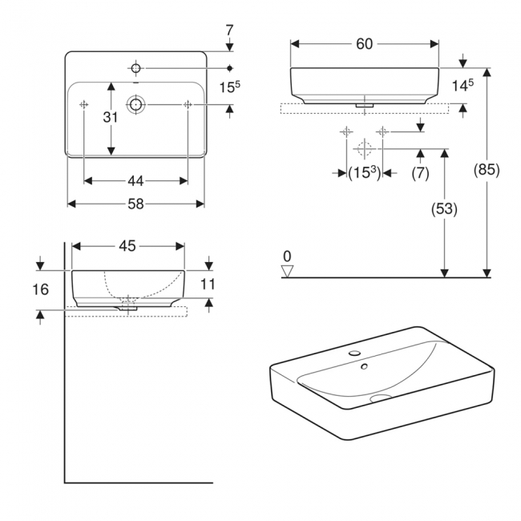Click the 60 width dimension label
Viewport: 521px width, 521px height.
364,44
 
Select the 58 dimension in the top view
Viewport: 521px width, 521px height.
135,204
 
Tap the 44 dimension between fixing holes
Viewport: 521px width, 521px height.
135,180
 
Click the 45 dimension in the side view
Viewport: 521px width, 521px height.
127,246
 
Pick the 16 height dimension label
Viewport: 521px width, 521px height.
42,289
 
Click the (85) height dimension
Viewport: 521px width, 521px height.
487,170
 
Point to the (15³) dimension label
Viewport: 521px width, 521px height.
364,172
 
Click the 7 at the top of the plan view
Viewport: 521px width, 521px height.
230,31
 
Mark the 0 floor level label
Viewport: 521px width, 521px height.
287,256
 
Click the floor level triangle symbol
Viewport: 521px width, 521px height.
288,271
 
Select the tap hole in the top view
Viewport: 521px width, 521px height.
135,67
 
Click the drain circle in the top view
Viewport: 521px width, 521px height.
135,104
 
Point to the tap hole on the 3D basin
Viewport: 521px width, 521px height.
353,353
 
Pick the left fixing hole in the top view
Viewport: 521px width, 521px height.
84,104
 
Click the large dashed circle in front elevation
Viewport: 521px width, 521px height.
364,148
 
